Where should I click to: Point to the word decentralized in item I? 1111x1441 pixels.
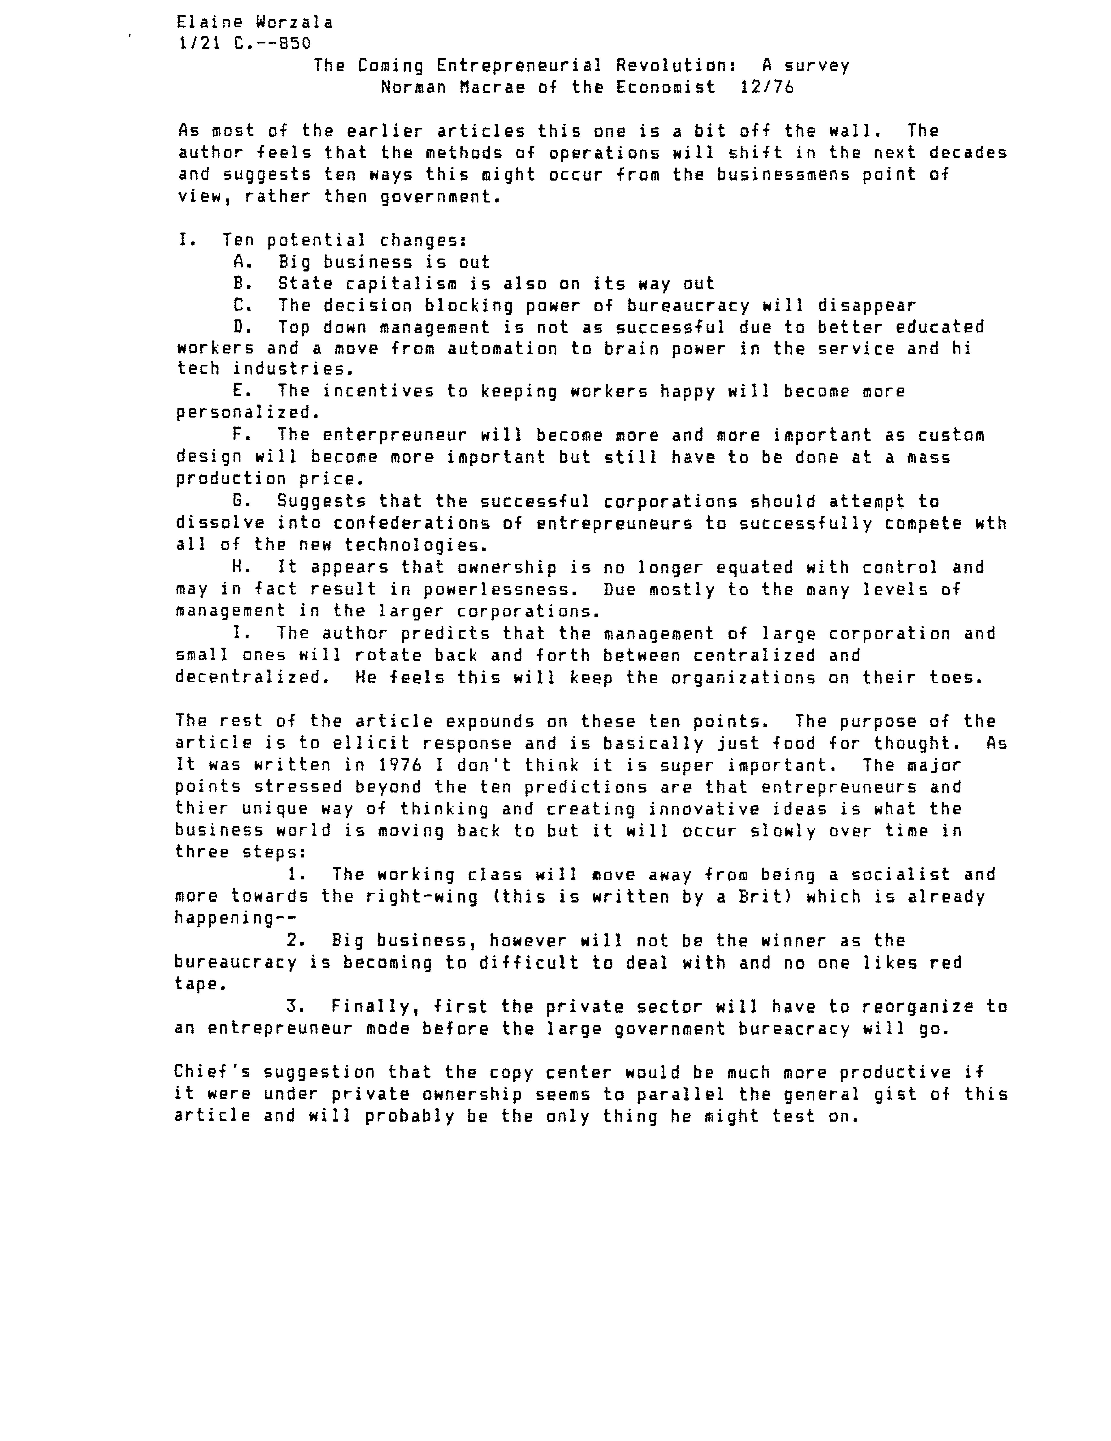click(248, 678)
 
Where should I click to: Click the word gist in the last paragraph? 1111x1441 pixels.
click(900, 1094)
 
